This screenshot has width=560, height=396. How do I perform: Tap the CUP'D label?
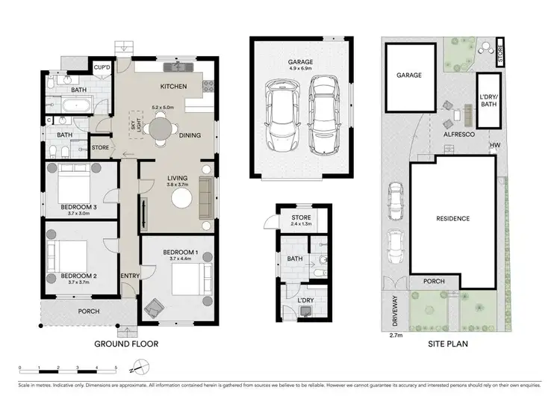(102, 67)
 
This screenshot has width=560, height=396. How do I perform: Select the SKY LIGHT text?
(136, 127)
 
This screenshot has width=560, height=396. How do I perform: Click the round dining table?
(163, 128)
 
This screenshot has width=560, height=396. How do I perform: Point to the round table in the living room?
(182, 198)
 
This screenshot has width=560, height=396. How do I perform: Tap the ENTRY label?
(129, 276)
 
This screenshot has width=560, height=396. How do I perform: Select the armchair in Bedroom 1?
(155, 306)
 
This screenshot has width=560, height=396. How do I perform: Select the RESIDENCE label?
(452, 219)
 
